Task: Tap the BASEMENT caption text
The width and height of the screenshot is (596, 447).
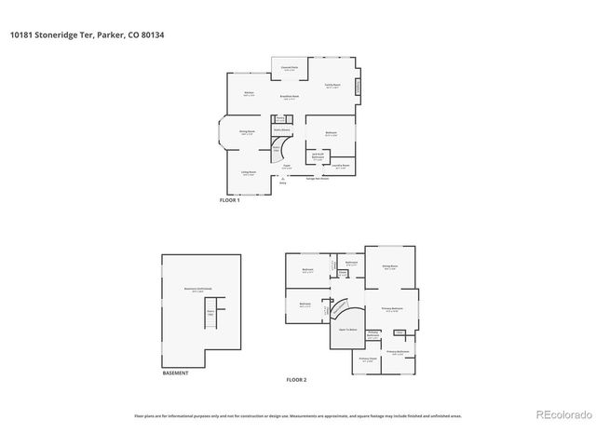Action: click(175, 372)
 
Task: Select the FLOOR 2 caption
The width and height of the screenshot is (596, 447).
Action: click(296, 380)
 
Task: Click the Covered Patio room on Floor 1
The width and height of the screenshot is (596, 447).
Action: click(290, 69)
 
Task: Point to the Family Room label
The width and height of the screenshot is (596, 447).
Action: click(332, 86)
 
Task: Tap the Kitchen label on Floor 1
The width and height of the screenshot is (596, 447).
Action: click(250, 94)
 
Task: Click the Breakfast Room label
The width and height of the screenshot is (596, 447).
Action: click(290, 97)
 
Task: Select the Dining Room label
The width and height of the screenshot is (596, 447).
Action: click(247, 133)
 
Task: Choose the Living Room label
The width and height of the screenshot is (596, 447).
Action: click(250, 172)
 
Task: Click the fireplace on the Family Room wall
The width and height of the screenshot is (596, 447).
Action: click(359, 88)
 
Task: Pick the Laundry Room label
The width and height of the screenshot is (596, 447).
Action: click(341, 167)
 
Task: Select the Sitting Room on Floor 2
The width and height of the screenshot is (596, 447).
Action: click(389, 268)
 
